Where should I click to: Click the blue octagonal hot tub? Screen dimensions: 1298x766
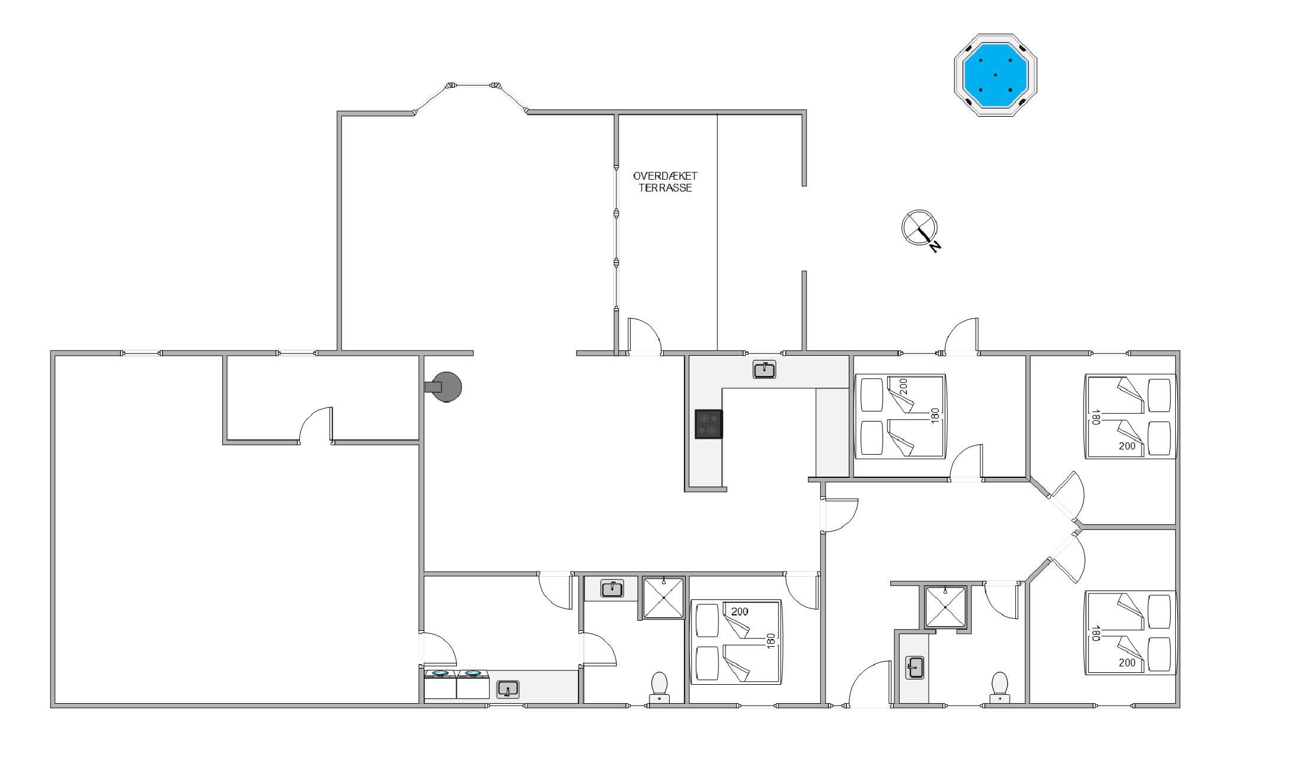click(x=995, y=75)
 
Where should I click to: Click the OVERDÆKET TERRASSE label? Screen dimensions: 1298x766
click(x=665, y=181)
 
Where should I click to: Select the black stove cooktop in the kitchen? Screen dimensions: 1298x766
click(x=709, y=424)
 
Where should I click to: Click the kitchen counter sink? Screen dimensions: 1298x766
click(x=765, y=370)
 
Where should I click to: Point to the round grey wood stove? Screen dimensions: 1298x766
click(x=444, y=387)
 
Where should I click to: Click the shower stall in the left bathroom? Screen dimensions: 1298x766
click(x=663, y=597)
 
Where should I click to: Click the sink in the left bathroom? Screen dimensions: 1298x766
click(x=612, y=589)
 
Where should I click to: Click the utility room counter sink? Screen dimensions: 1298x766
click(x=507, y=689)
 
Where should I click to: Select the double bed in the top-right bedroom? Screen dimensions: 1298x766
click(x=1130, y=416)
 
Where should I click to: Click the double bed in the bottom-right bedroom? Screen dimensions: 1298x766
click(x=1130, y=633)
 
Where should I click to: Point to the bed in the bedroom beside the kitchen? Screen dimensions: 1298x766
click(x=900, y=416)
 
